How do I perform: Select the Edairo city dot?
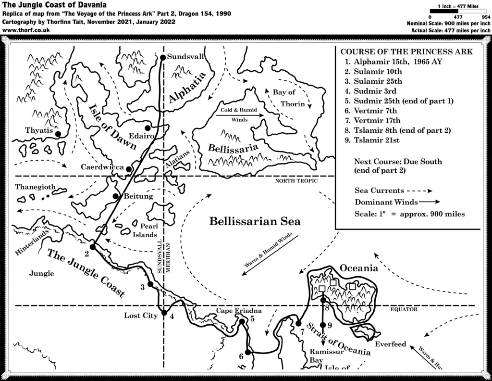coord(148,127)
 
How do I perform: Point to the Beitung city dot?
coord(115,196)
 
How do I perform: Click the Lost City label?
coord(139,316)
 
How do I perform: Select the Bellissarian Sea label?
coord(255,222)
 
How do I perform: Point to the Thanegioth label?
coord(36,187)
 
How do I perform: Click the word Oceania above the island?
coord(359,268)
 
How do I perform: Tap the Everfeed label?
coord(390,344)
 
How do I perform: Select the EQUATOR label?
coord(404,309)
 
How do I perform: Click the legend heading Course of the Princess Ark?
coord(406,51)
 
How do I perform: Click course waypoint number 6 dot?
coord(248,352)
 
